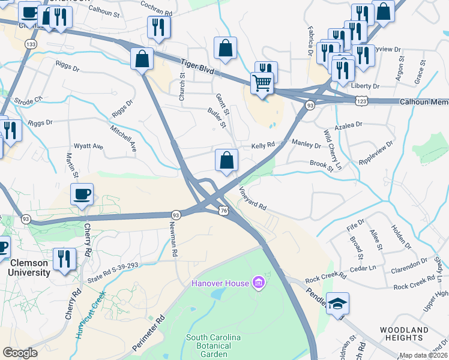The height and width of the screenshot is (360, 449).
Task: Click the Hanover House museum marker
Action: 258,282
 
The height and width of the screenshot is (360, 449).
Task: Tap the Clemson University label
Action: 29,268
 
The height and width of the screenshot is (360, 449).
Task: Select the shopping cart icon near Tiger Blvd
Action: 262,83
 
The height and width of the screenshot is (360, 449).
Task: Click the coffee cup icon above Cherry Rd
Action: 82,194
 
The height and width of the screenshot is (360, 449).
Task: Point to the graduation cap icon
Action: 338,304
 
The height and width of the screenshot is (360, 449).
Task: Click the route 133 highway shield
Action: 29,44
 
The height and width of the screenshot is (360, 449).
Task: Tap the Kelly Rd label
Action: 263,145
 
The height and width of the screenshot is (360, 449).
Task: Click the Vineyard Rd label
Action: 253,197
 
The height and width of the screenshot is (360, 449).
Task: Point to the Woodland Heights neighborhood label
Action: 404,334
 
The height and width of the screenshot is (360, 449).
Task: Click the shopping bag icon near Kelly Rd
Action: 226,161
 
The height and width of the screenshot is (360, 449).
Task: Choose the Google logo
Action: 20,352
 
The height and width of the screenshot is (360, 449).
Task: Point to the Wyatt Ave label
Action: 88,146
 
